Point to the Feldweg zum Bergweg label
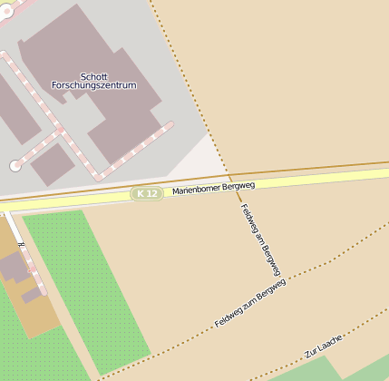250,303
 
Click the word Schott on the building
93,76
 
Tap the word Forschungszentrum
93,85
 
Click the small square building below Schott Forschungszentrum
53,163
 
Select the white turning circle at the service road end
15,165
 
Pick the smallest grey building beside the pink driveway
32,295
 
